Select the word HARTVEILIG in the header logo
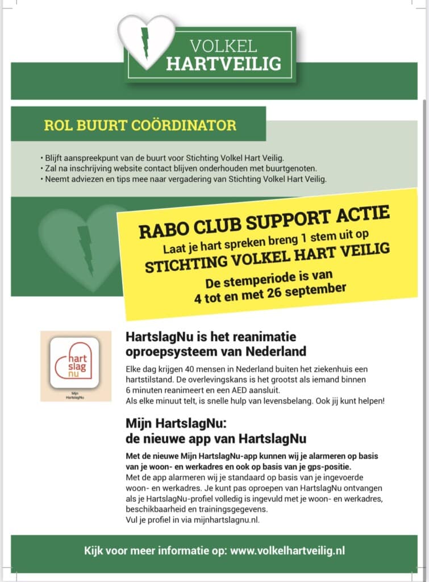click(x=223, y=64)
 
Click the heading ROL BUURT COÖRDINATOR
click(x=140, y=125)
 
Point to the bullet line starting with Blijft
click(x=162, y=157)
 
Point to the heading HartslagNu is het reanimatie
click(x=211, y=337)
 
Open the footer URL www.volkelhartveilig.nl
click(x=288, y=550)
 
